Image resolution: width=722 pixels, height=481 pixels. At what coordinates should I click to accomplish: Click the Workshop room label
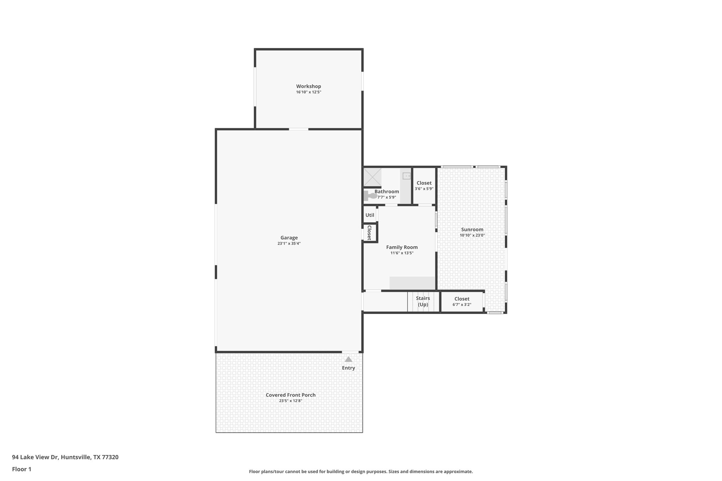coord(308,86)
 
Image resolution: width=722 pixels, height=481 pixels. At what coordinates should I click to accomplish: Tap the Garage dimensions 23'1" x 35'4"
coord(289,243)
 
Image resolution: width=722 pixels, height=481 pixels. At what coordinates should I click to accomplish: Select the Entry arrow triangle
coord(348,359)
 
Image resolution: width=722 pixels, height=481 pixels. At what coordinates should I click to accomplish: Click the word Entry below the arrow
coord(348,368)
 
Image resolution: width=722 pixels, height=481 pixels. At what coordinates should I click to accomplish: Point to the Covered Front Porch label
coord(290,395)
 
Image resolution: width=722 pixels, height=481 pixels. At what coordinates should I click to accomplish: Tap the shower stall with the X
coord(372,177)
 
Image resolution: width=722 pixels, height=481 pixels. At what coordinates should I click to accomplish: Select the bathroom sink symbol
coord(407,175)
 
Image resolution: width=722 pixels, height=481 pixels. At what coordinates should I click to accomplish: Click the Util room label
coord(369,215)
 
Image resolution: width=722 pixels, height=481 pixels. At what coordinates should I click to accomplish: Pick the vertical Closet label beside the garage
coord(369,233)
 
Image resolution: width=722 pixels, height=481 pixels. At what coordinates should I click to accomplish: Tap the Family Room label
coord(402,247)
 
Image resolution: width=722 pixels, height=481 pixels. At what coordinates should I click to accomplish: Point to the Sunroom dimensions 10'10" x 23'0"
coord(472,235)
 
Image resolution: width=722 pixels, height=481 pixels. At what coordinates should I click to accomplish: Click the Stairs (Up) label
coord(423,301)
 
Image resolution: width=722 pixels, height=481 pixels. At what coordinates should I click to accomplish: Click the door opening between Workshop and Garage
coord(299,129)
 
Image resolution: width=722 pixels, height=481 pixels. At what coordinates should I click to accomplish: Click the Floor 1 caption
coord(22,469)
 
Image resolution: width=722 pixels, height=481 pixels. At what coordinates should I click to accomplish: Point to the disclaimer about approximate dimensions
coord(361,471)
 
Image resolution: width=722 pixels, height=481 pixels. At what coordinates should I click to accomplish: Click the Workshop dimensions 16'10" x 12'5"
coord(308,92)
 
